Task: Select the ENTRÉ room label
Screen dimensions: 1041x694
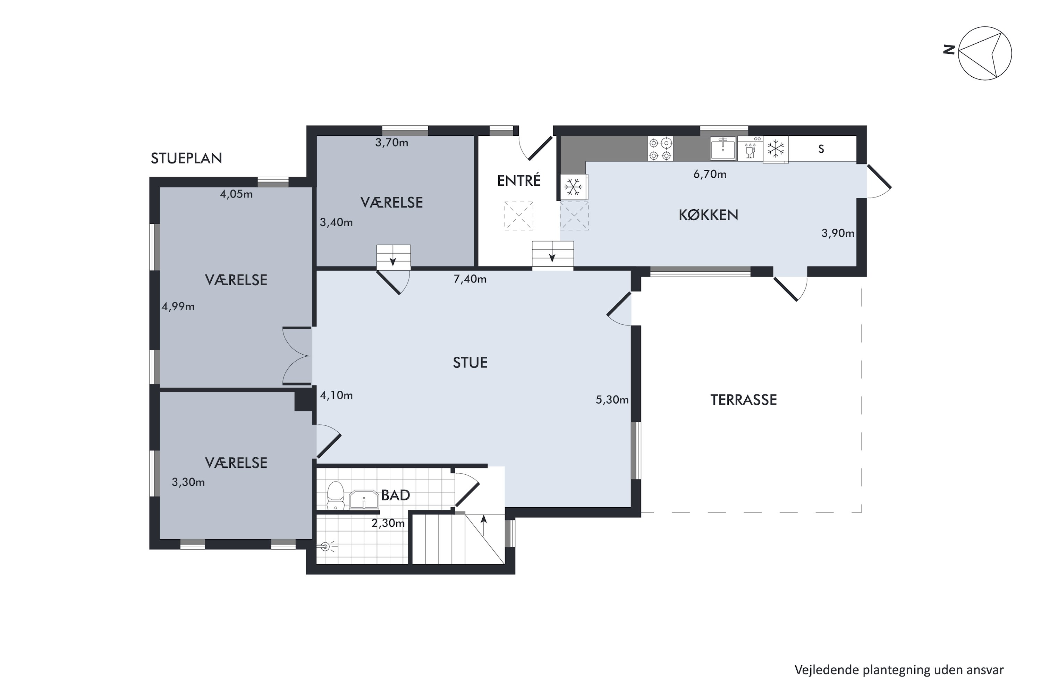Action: coord(519,180)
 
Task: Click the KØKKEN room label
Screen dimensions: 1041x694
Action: coord(708,215)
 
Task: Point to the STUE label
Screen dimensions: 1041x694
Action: coord(470,363)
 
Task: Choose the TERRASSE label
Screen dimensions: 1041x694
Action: coord(744,400)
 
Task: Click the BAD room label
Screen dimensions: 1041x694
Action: coord(395,495)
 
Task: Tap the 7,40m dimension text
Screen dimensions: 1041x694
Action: coord(470,279)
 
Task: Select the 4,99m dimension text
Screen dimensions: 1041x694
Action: coord(178,306)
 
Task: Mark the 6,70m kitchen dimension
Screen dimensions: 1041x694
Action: coord(710,174)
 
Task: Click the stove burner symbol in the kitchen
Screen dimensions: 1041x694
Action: coord(660,149)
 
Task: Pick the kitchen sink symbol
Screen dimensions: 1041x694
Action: coord(723,148)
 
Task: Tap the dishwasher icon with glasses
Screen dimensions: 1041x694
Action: coord(750,148)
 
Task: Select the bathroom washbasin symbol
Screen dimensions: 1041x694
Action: coord(364,499)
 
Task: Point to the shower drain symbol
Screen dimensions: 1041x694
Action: coord(326,547)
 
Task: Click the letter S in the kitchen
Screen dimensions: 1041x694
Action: coord(821,149)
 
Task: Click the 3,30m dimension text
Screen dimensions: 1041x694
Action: coord(188,482)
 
